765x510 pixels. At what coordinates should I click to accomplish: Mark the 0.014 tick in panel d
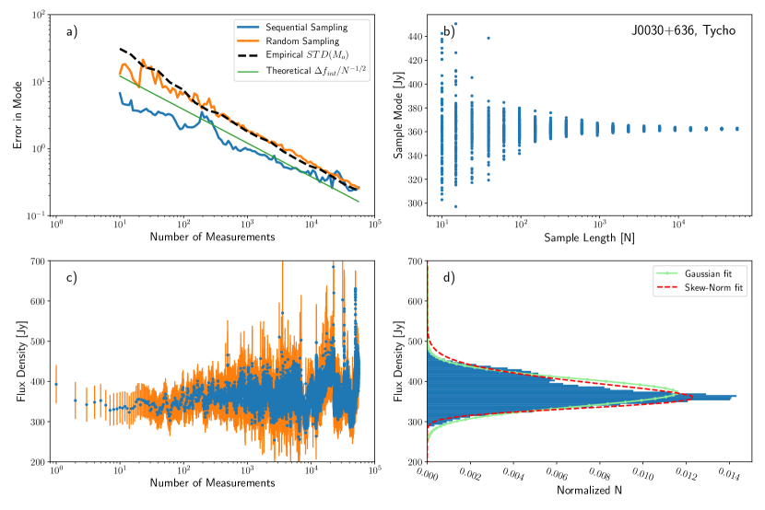coord(728,477)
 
